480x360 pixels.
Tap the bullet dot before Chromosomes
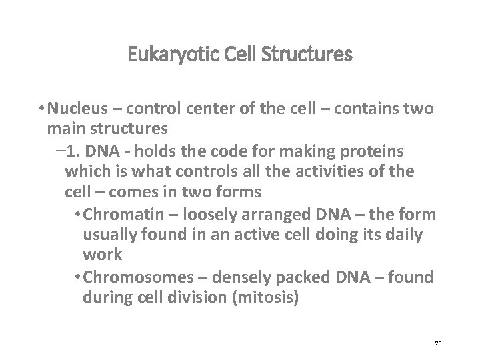[81, 277]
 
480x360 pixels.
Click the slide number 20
[438, 343]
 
